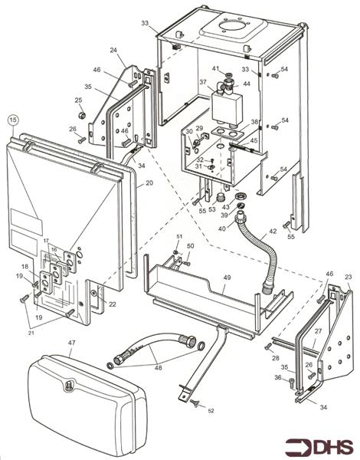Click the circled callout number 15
point(12,120)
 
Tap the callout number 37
point(203,82)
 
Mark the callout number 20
point(149,183)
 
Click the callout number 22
point(112,304)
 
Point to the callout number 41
point(215,69)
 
